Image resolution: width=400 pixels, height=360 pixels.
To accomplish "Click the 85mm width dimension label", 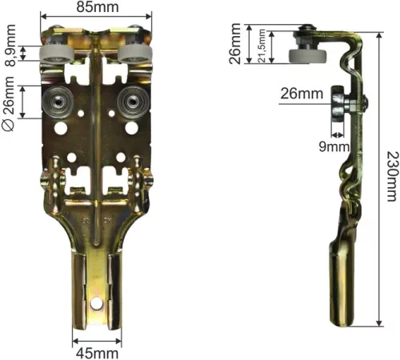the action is (x=98, y=6).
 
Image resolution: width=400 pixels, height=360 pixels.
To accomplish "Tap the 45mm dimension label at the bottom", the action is (x=97, y=354).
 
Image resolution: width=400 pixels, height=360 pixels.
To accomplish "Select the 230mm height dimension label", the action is (x=393, y=176).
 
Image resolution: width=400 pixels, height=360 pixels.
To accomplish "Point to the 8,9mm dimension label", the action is (x=11, y=46).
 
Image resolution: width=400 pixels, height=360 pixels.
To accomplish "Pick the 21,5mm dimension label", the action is (x=262, y=46).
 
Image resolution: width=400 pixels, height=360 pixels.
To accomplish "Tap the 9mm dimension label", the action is (x=334, y=146).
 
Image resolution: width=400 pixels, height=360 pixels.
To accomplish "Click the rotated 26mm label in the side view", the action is (x=235, y=44).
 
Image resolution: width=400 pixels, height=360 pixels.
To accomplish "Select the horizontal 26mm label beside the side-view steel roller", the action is (x=302, y=94).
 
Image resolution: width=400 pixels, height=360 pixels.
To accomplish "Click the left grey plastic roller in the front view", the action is (x=57, y=54).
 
